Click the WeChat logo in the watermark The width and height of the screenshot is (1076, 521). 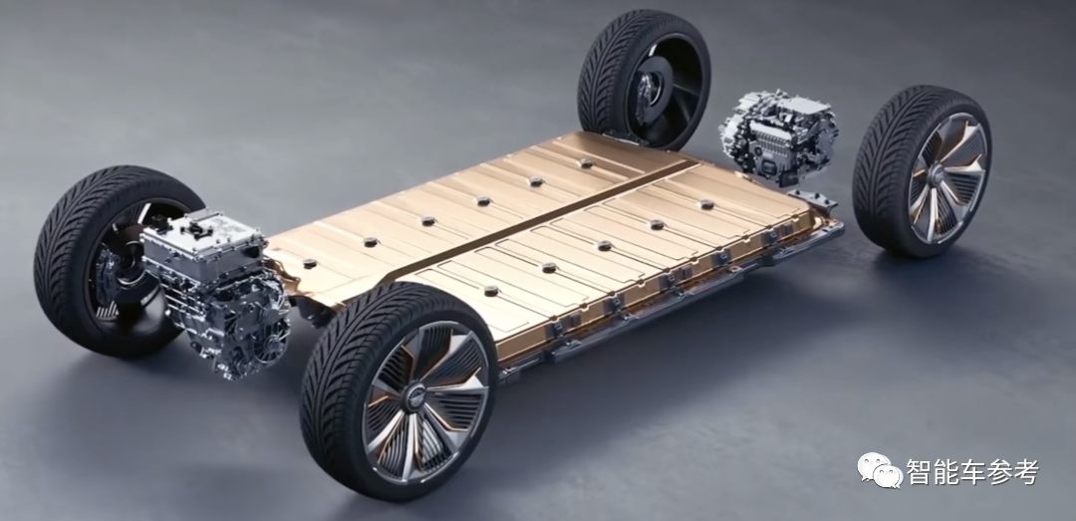[x=879, y=470]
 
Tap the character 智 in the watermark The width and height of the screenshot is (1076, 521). [x=920, y=471]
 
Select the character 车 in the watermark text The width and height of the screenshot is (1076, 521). [x=973, y=471]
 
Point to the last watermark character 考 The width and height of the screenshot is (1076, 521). [x=1026, y=471]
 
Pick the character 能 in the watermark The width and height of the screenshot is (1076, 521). [x=946, y=471]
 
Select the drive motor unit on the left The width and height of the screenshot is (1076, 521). [x=214, y=293]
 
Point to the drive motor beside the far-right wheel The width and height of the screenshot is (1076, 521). [x=778, y=137]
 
